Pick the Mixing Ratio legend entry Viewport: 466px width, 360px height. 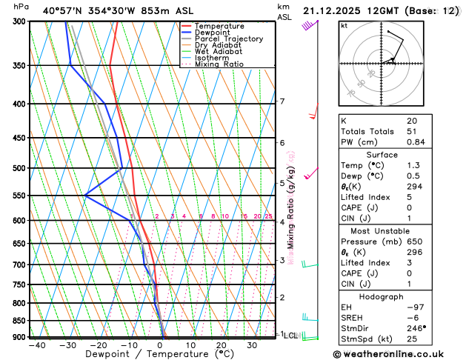tap(223, 64)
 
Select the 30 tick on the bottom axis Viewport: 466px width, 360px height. tap(253, 345)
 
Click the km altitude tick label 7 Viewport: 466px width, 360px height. tap(282, 101)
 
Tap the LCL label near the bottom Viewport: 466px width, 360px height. tap(290, 336)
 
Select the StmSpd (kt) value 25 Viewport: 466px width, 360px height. tap(413, 339)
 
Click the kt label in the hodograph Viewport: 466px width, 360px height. tap(344, 25)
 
